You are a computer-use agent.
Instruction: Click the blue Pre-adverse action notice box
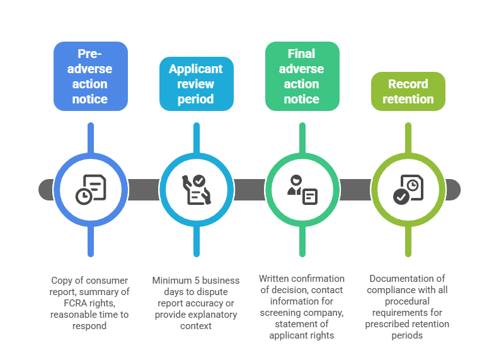91,76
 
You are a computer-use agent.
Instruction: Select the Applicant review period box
196,84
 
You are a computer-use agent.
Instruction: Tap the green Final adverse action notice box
302,76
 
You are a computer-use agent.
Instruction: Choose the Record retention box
408,91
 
